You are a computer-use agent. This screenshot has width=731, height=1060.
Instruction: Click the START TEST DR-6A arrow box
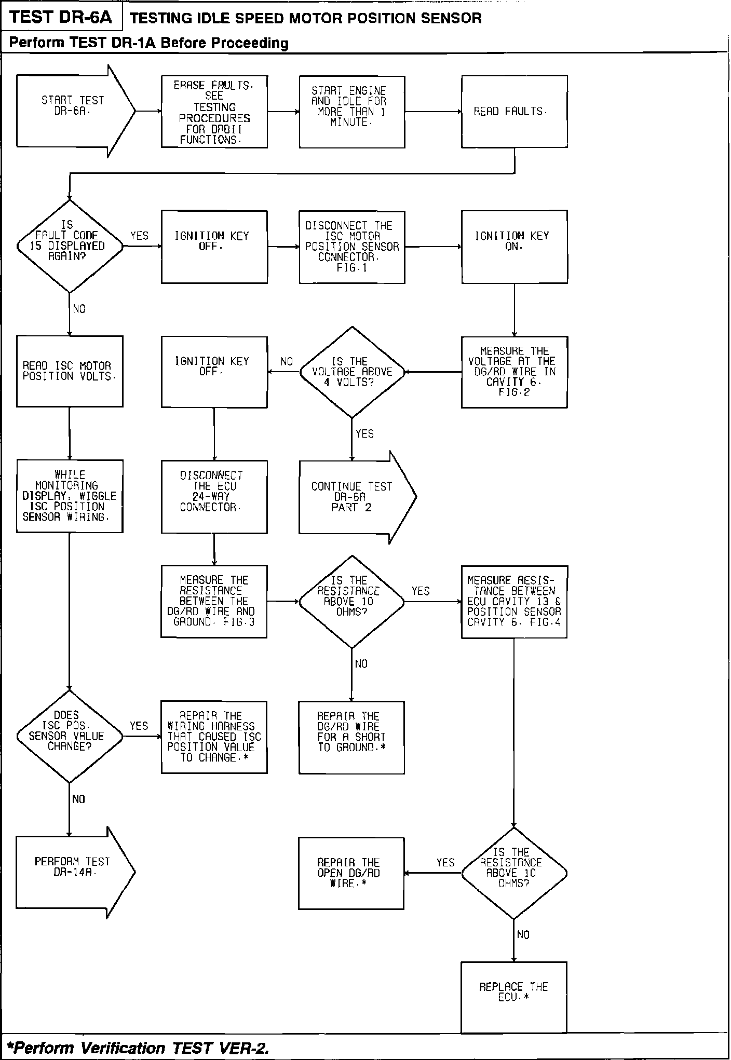click(73, 111)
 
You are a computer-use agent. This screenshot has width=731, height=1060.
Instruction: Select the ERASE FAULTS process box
click(214, 111)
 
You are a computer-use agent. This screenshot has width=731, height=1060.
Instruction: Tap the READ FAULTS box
click(514, 111)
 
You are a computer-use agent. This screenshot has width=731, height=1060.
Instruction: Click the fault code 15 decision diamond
click(70, 246)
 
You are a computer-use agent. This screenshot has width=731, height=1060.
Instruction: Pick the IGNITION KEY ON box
click(514, 247)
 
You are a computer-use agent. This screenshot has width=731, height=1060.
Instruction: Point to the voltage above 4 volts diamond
click(352, 372)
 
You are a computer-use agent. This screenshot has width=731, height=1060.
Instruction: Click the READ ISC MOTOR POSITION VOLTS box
click(70, 371)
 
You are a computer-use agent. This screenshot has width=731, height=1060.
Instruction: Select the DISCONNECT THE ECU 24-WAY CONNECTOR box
click(214, 496)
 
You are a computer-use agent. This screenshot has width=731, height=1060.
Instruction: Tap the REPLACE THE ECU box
click(513, 997)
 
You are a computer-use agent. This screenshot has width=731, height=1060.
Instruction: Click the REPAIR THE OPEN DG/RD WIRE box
click(351, 873)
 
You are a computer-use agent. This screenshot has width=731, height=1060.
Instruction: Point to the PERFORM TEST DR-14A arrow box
click(73, 873)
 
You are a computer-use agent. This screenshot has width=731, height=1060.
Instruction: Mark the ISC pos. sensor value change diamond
click(70, 736)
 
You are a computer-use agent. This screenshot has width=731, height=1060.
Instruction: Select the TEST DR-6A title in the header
click(61, 18)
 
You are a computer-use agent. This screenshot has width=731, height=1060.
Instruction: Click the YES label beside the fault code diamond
click(139, 236)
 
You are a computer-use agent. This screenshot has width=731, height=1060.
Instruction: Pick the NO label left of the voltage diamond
click(287, 361)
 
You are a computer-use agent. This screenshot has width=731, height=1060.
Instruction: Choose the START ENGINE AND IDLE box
click(351, 111)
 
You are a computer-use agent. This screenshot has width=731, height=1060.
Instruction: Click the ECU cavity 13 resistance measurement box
click(514, 601)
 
